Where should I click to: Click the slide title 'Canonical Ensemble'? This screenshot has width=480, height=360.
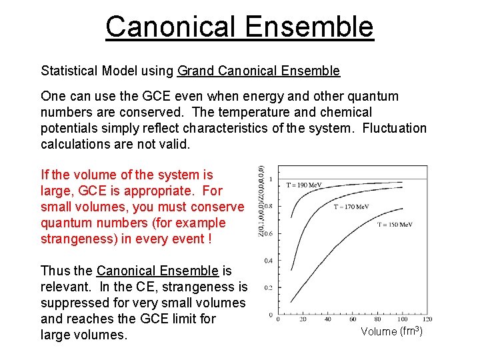(239, 27)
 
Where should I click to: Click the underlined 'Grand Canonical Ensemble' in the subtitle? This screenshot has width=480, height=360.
(259, 71)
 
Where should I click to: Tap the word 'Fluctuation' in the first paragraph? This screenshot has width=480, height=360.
(394, 128)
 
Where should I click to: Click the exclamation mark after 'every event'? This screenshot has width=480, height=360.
(209, 239)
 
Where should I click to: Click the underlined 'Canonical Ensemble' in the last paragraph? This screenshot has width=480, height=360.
(157, 271)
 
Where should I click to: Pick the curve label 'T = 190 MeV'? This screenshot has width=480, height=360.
(303, 185)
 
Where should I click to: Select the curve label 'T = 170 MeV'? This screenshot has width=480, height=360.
(351, 207)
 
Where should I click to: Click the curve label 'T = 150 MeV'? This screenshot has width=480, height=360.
(395, 225)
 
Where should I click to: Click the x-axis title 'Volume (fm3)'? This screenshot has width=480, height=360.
(392, 331)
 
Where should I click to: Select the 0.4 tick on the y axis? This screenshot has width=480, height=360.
(269, 260)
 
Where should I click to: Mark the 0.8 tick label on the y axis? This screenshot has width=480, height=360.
(269, 206)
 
